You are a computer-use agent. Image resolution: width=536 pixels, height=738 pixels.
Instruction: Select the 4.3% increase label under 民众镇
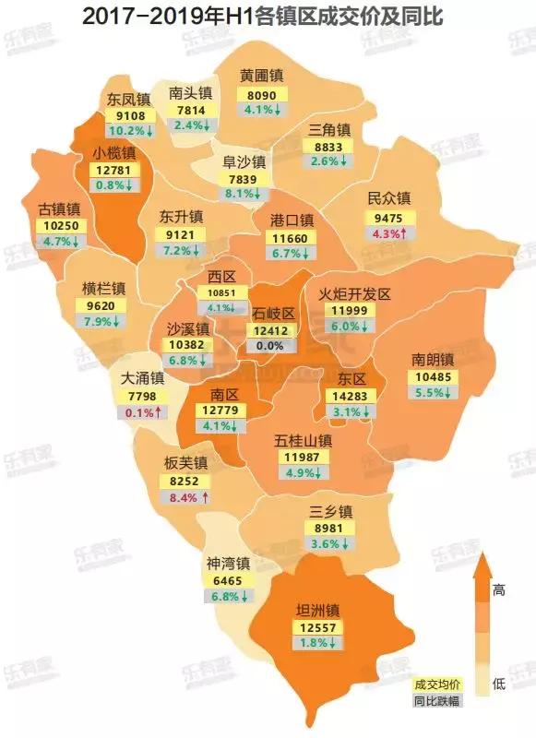tap(387, 234)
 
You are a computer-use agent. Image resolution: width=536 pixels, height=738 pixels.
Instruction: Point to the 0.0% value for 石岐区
tap(270, 345)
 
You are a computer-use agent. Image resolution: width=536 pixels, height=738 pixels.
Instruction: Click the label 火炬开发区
tap(355, 293)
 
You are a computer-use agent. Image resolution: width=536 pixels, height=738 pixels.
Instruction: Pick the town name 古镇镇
tap(59, 209)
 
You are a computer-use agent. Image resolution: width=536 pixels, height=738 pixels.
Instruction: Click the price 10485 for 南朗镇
tap(432, 376)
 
